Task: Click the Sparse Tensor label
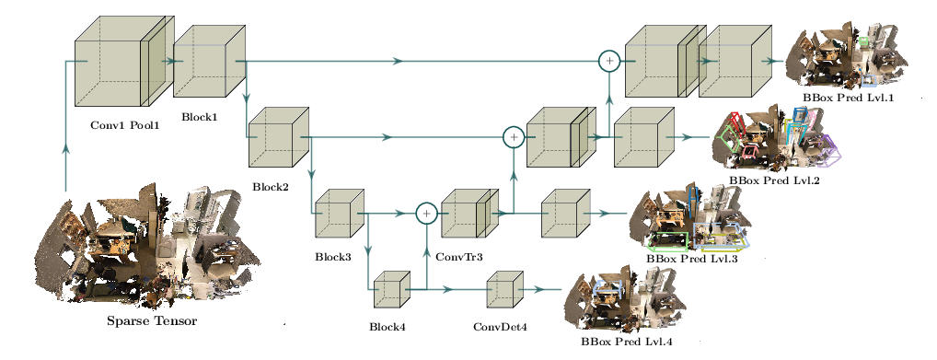152,321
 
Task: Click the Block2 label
270,187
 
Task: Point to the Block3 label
333,258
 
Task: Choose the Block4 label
388,327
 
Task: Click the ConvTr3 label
459,257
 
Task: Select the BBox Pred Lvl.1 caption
850,97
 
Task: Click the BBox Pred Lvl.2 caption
774,180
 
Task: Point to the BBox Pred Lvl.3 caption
692,259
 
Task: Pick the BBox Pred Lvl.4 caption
626,343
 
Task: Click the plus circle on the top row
609,61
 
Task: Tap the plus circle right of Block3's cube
426,213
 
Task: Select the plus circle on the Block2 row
514,137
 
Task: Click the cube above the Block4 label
391,289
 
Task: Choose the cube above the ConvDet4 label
505,289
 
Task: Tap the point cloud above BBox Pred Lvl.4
625,302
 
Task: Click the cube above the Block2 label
279,137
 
